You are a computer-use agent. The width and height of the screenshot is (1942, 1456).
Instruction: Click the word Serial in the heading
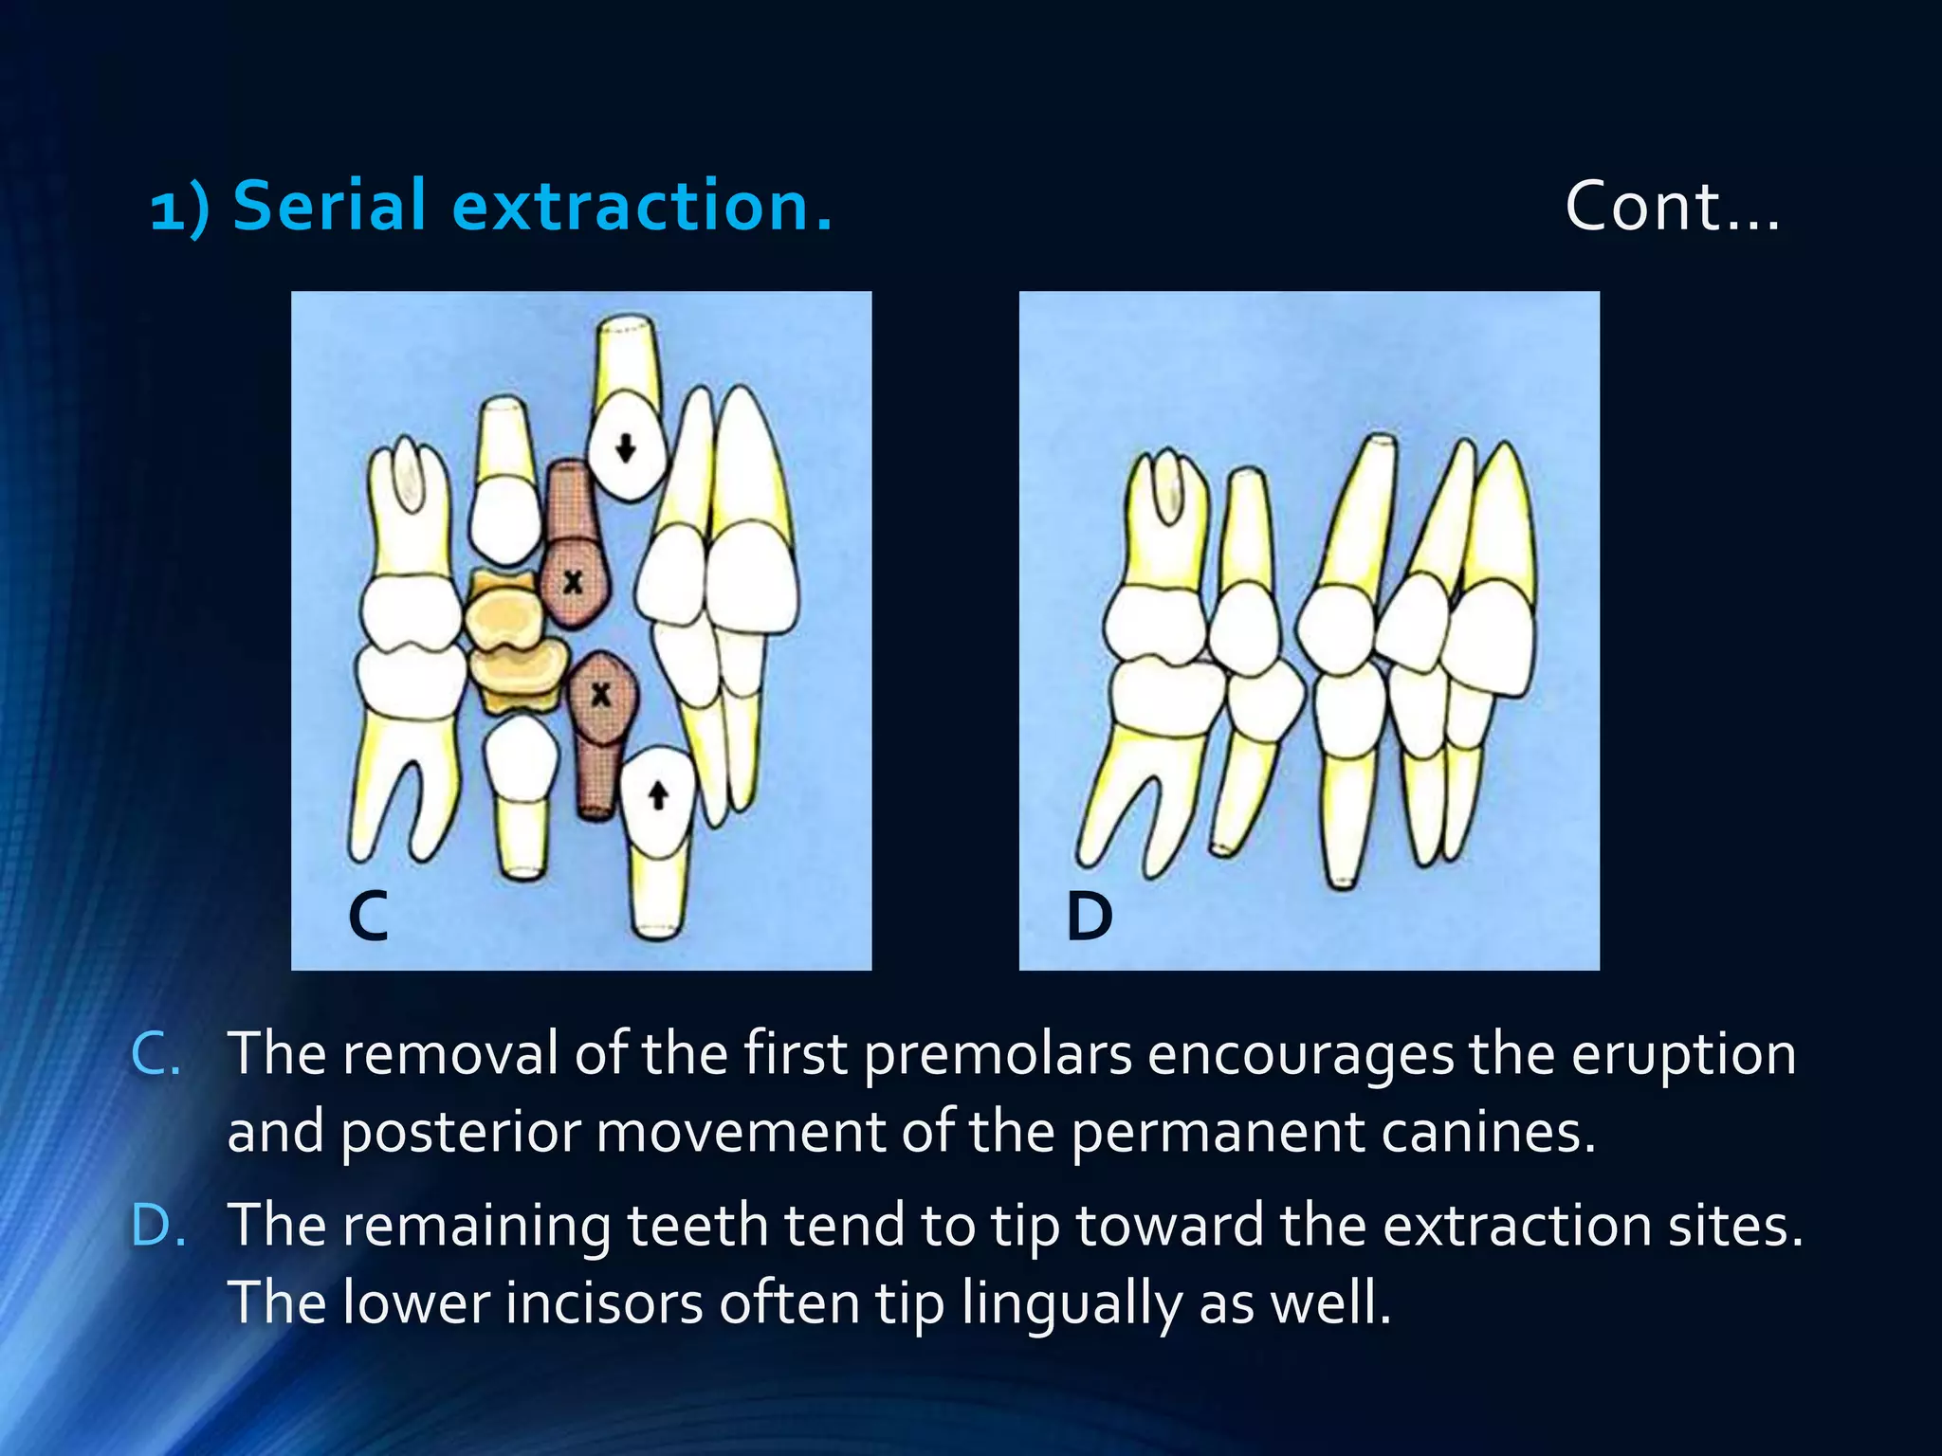329,206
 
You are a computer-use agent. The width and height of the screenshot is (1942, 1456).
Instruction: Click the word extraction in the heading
642,206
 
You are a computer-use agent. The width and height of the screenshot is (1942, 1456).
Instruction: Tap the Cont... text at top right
1672,206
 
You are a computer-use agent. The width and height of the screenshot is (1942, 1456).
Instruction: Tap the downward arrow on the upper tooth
625,446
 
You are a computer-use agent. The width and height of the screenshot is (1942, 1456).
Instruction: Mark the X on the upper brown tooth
573,581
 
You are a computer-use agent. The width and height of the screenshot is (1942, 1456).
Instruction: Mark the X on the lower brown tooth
600,695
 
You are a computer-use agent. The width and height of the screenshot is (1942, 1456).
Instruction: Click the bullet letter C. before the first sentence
156,1054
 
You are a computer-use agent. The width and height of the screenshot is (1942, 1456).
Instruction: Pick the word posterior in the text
460,1132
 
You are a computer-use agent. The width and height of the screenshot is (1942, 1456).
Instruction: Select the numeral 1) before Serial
179,209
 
